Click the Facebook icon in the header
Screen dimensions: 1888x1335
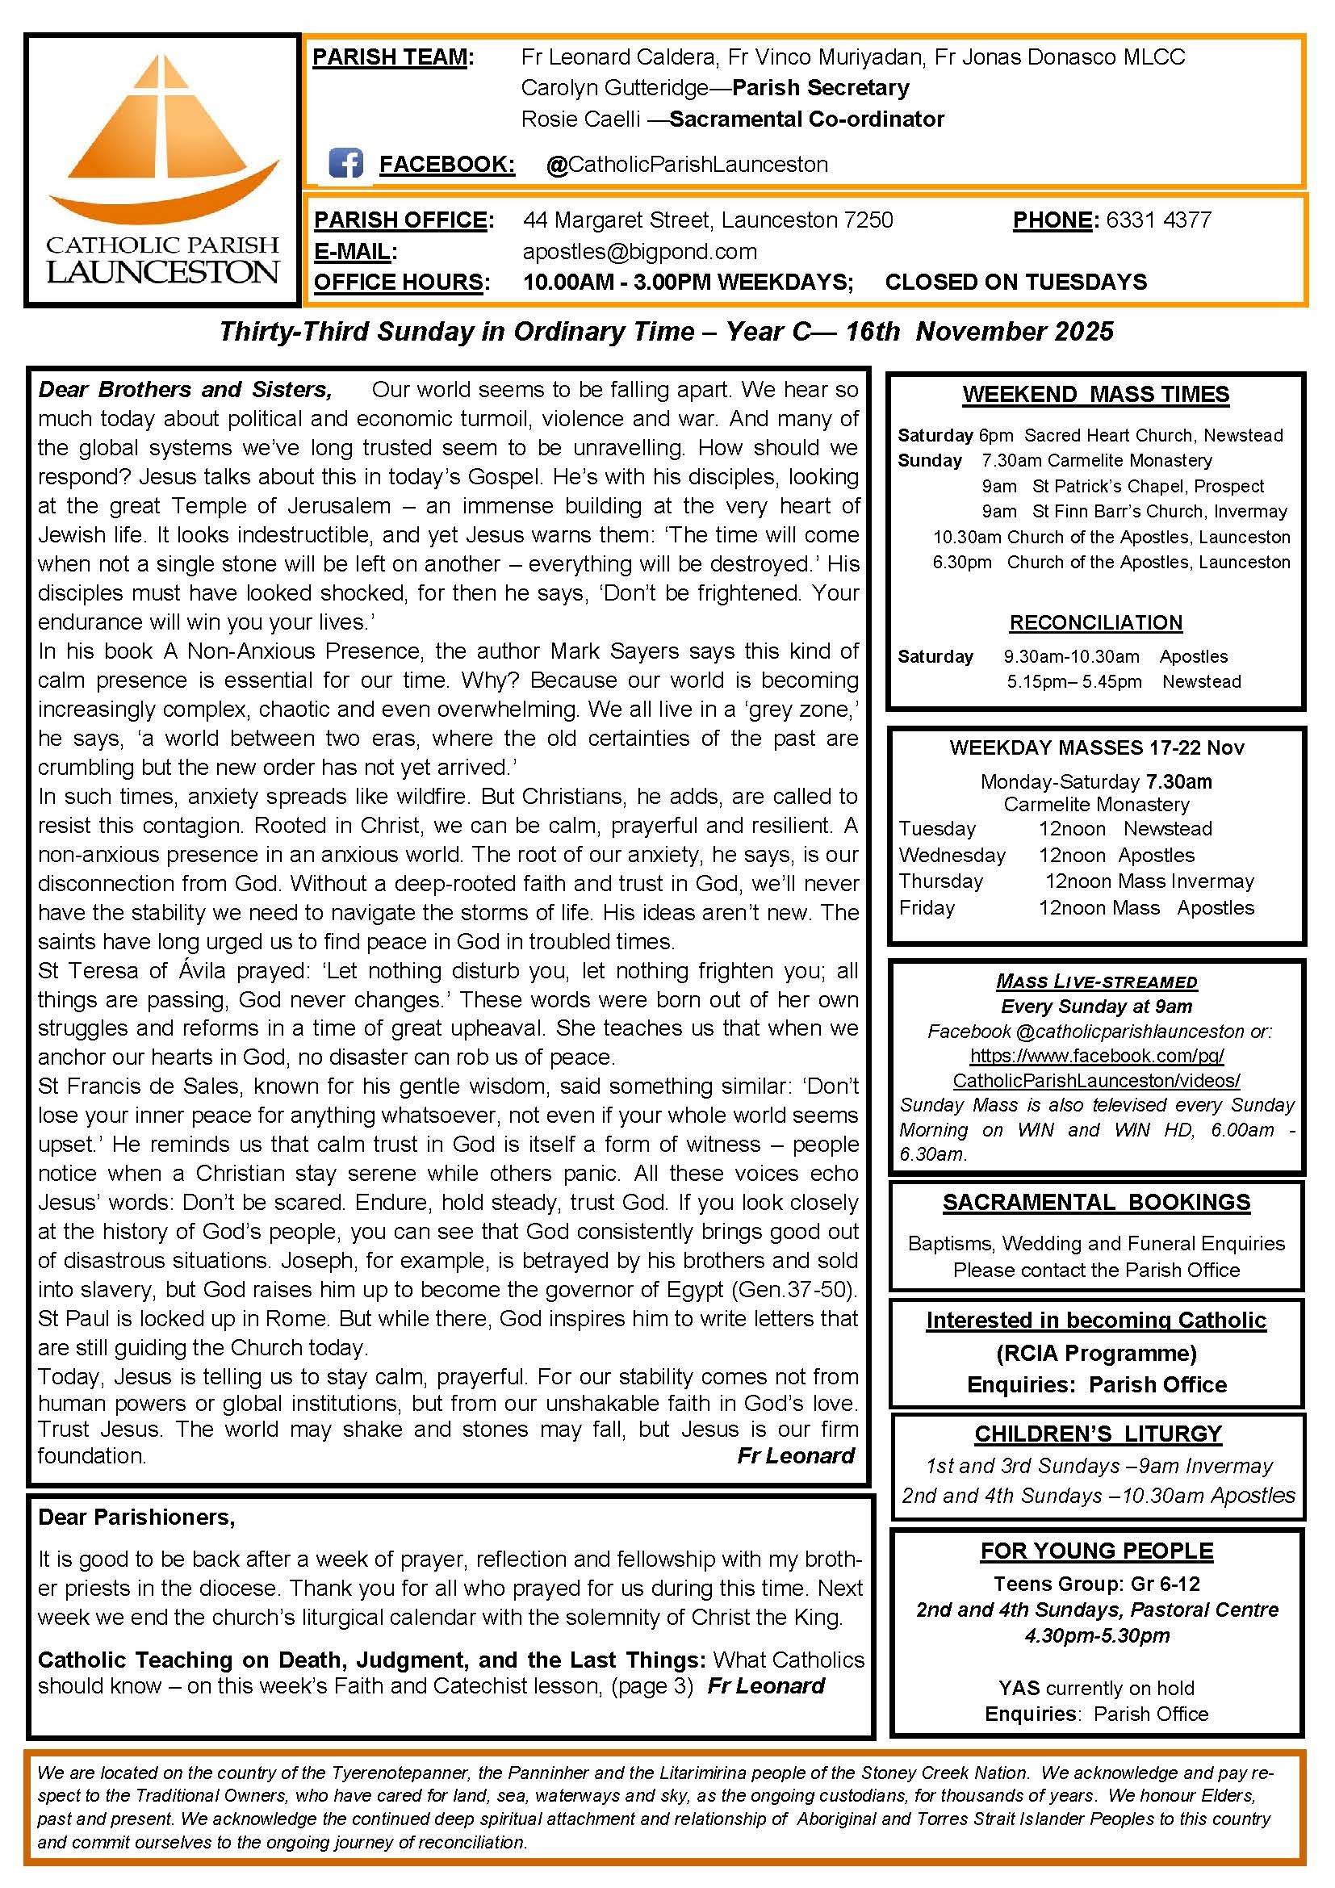point(345,164)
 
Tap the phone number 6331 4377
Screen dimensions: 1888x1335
point(1158,220)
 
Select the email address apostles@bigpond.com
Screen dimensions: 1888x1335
point(639,251)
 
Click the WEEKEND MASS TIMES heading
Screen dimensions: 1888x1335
point(1096,394)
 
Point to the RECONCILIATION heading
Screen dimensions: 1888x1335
point(1096,622)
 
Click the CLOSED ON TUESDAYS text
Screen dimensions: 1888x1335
point(1015,282)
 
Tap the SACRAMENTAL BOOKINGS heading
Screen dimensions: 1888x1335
point(1096,1202)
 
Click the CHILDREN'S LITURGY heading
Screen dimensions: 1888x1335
point(1098,1434)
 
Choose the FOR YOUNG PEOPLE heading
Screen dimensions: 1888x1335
point(1097,1551)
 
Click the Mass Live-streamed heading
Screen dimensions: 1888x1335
point(1096,981)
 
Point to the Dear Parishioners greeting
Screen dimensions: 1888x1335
point(136,1517)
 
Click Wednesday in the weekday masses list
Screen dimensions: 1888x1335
point(952,855)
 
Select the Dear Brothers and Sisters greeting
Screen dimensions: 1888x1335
point(186,389)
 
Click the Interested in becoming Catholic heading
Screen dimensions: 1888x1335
point(1096,1320)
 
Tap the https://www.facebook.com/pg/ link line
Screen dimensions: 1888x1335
point(1096,1055)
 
